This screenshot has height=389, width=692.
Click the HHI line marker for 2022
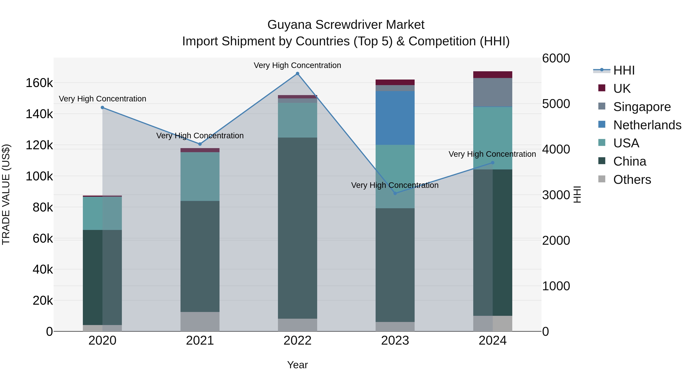[x=297, y=74]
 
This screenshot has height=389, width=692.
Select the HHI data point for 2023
[x=395, y=193]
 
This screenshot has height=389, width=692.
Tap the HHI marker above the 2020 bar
[x=102, y=108]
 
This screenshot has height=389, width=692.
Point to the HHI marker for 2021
[x=200, y=144]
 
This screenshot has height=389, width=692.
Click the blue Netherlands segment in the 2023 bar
[x=395, y=118]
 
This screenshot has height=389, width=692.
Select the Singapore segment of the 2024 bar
[x=492, y=92]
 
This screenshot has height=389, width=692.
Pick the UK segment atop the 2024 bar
[x=492, y=75]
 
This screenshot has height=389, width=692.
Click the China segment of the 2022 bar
[x=297, y=228]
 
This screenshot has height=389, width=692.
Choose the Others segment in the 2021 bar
[x=200, y=321]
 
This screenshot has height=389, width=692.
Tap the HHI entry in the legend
[x=624, y=70]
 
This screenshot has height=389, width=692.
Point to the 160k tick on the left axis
[x=39, y=83]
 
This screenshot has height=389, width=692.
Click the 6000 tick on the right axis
[x=556, y=58]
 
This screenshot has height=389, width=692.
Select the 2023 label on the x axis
[x=395, y=341]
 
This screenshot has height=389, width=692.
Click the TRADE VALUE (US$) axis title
[x=6, y=194]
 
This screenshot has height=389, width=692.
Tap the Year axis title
[x=297, y=365]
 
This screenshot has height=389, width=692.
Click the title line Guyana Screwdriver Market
[x=346, y=25]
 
